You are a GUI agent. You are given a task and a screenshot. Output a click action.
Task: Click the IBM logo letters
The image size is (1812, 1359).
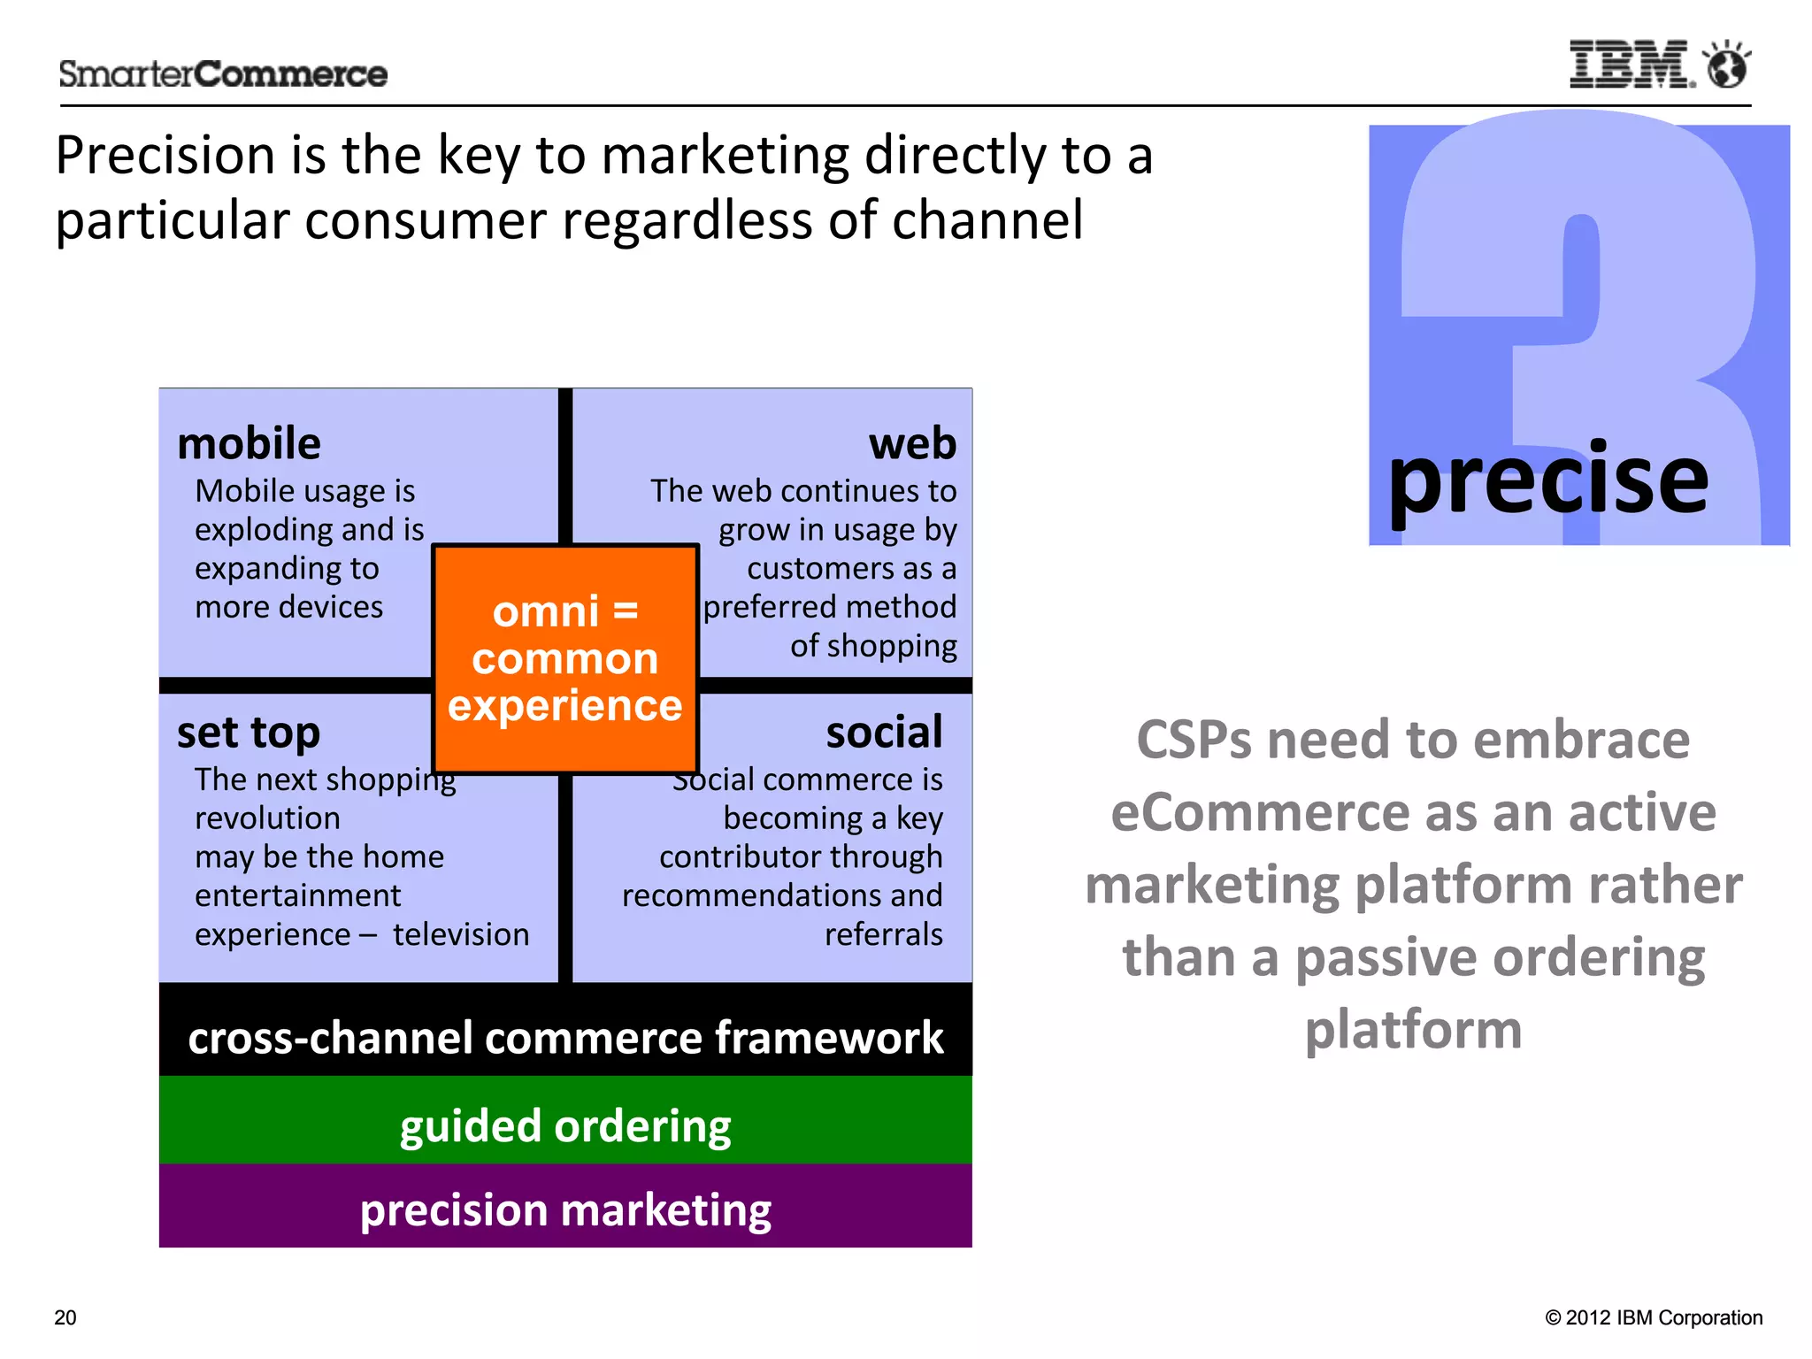[1631, 65]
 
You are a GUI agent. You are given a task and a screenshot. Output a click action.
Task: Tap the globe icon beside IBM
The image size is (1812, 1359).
[1727, 65]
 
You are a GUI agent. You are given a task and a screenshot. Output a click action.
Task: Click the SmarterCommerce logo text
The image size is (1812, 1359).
[223, 74]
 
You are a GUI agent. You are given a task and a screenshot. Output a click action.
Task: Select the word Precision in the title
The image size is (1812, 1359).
[165, 156]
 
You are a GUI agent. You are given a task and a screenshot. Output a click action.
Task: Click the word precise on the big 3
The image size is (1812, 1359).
[1547, 480]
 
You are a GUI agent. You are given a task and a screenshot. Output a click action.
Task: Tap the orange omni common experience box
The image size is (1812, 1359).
[565, 658]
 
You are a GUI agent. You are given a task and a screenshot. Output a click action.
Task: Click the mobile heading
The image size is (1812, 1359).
[249, 443]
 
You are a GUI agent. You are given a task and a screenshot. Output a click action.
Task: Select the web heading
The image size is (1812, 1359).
[912, 443]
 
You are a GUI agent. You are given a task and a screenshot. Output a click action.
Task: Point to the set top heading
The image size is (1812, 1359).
[248, 733]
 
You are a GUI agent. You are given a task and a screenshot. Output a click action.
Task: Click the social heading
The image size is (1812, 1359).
[884, 733]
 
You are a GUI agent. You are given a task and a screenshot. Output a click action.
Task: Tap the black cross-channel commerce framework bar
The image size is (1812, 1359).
[565, 1037]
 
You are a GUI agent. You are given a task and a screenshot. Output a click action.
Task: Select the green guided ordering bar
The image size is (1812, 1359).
[565, 1125]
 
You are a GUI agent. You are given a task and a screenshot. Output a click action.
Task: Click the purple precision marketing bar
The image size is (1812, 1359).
[565, 1209]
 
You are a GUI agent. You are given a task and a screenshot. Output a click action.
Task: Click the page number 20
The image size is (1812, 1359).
[65, 1317]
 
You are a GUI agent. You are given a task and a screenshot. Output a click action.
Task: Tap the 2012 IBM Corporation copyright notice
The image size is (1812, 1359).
[1654, 1317]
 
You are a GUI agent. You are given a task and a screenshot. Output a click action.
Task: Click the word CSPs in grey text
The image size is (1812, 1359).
[1194, 740]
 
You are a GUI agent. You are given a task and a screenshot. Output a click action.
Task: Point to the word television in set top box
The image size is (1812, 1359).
[461, 934]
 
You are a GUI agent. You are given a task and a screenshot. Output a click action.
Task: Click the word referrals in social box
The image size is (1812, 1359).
[883, 934]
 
